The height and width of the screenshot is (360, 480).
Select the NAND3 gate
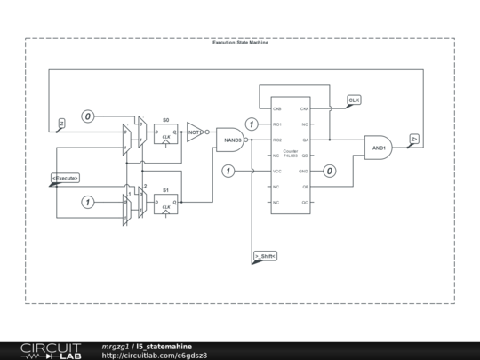[231, 140]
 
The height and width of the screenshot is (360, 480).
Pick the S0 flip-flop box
[165, 134]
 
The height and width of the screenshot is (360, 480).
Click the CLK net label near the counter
[354, 100]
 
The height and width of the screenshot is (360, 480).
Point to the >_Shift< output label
[265, 256]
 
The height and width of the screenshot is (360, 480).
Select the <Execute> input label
[65, 178]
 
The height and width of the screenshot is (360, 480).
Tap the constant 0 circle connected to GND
[329, 171]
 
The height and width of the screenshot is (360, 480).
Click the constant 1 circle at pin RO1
[252, 124]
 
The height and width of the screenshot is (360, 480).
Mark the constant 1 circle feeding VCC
[228, 171]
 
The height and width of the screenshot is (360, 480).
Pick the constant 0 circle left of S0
[88, 116]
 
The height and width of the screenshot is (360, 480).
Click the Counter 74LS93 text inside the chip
[290, 153]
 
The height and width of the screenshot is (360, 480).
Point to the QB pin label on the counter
[305, 187]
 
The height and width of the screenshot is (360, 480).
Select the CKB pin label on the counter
[277, 108]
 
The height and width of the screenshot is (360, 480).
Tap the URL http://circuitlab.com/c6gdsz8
[155, 355]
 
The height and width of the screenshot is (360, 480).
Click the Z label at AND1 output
[414, 138]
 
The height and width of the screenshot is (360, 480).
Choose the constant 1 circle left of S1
[88, 203]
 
